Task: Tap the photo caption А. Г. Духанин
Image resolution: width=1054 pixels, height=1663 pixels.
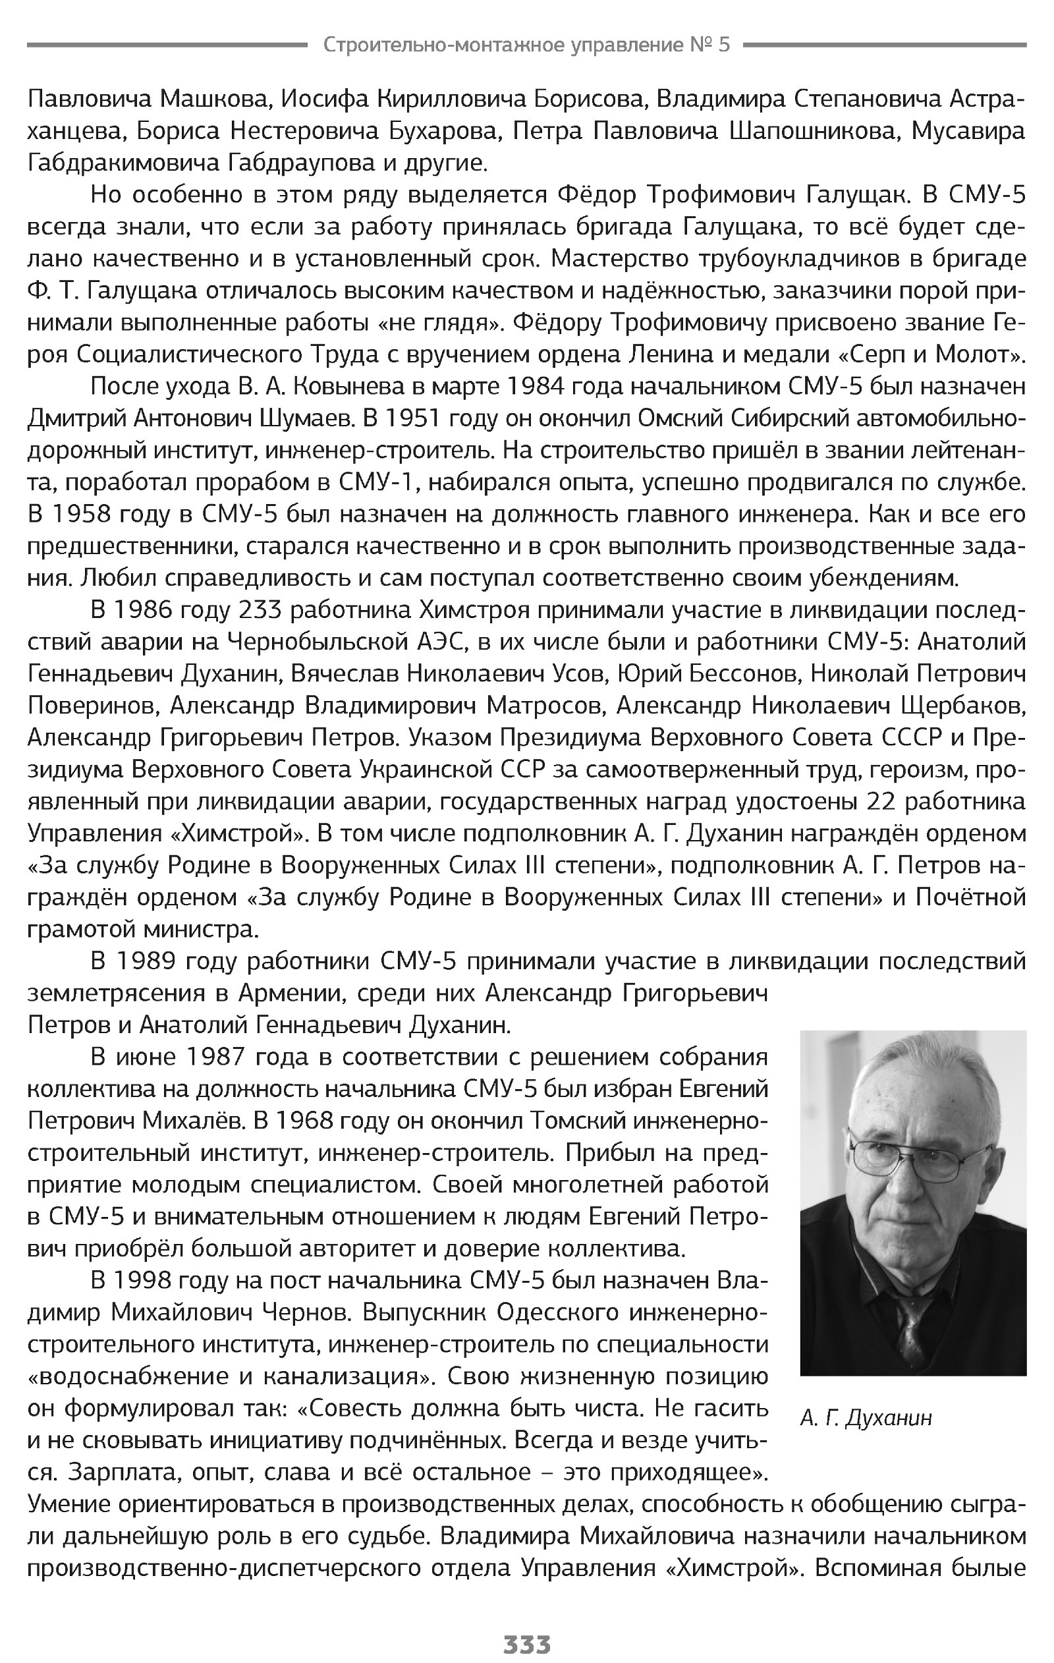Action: pos(866,1419)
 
